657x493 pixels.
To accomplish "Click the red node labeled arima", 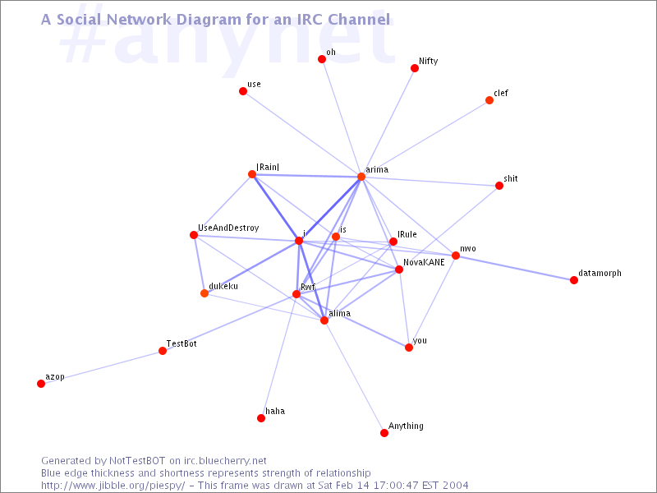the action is click(x=361, y=177).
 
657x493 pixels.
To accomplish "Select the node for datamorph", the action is click(x=574, y=280).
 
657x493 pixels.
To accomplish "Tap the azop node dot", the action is click(x=41, y=384).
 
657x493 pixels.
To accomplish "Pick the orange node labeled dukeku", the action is click(x=204, y=293).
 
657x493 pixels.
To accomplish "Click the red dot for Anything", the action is click(x=384, y=433).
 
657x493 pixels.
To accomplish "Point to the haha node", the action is click(x=261, y=418).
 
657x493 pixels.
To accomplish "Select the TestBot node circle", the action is click(x=163, y=351).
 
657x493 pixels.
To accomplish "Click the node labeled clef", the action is click(x=489, y=100).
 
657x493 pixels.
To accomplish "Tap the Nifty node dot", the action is click(x=415, y=68).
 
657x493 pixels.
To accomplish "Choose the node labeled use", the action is click(x=243, y=91).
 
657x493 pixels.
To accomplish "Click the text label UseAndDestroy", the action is click(x=228, y=228).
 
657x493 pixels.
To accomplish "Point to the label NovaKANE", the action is click(x=424, y=262).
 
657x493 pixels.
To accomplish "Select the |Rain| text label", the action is click(x=268, y=167).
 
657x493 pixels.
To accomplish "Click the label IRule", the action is click(x=407, y=234).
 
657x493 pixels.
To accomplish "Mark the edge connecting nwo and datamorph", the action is click(x=515, y=268).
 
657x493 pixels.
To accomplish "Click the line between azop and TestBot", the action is click(x=102, y=367).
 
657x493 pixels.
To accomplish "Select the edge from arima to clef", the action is click(x=425, y=138).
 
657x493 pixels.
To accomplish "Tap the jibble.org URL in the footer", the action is click(x=113, y=486).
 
